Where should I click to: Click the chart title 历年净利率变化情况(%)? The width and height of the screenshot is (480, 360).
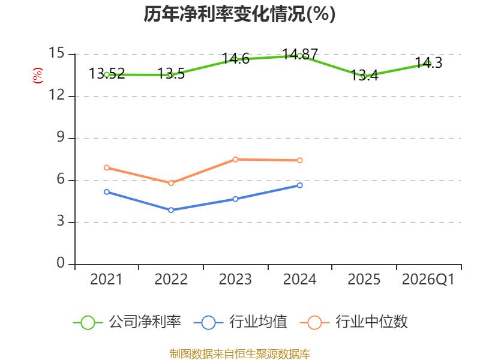[x=239, y=14]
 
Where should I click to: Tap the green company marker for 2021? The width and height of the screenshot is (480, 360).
[x=107, y=74]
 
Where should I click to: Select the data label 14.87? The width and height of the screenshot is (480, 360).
[x=300, y=55]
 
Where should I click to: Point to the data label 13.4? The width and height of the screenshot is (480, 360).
[x=364, y=76]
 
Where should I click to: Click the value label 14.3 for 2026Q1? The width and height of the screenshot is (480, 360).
[x=428, y=63]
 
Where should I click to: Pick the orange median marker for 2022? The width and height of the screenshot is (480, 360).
[x=171, y=183]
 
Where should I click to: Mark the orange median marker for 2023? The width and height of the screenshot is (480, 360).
[x=235, y=160]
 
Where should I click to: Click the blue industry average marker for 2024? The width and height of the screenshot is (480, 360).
[x=299, y=185]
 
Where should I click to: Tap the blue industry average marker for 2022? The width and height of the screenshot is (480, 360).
[x=171, y=210]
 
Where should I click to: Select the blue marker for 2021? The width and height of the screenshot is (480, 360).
[x=107, y=192]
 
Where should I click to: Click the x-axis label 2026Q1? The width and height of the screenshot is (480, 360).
[x=428, y=280]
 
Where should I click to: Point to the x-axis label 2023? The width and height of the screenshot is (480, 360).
[x=235, y=280]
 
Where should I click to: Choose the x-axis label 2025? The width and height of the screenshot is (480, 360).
[x=364, y=280]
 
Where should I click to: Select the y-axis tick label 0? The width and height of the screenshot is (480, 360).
[x=61, y=263]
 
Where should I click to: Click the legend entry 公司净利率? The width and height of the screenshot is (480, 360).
[x=127, y=322]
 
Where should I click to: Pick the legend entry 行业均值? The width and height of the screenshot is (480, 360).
[x=241, y=322]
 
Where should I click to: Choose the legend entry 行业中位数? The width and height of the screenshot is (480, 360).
[x=354, y=322]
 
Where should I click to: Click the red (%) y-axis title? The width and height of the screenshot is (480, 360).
[x=38, y=76]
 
